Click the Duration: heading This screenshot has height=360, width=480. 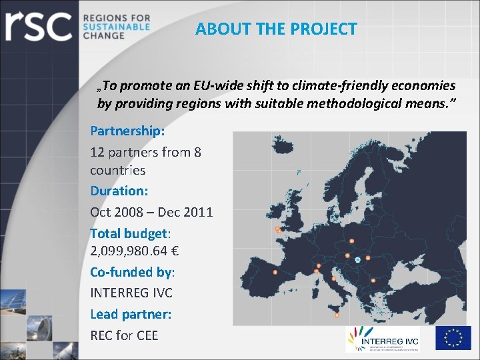pyautogui.click(x=119, y=191)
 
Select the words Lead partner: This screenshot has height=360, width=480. pyautogui.click(x=131, y=313)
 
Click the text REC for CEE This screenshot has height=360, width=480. pyautogui.click(x=124, y=335)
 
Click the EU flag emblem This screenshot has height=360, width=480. pyautogui.click(x=453, y=338)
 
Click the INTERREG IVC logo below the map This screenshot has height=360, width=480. pyautogui.click(x=382, y=338)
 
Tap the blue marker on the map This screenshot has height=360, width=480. pyautogui.click(x=358, y=259)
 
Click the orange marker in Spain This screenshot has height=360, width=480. pyautogui.click(x=275, y=272)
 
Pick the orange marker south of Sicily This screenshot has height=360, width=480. pyautogui.click(x=337, y=315)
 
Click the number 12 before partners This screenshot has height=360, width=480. pyautogui.click(x=97, y=152)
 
